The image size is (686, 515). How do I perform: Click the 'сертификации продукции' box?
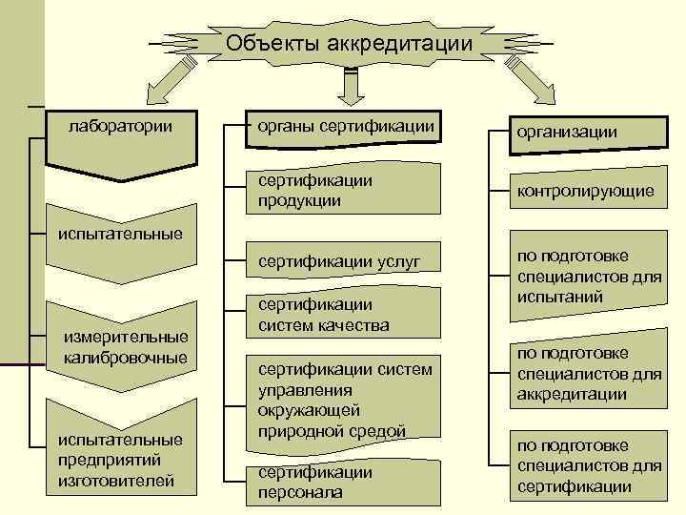click(x=344, y=191)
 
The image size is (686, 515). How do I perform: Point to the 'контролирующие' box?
click(x=585, y=191)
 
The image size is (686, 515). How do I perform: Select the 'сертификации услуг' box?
click(x=344, y=260)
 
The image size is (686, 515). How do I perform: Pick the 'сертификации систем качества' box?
click(x=344, y=316)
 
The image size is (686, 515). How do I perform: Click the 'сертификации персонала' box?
click(x=344, y=483)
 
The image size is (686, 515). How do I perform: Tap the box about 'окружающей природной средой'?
click(x=344, y=400)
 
